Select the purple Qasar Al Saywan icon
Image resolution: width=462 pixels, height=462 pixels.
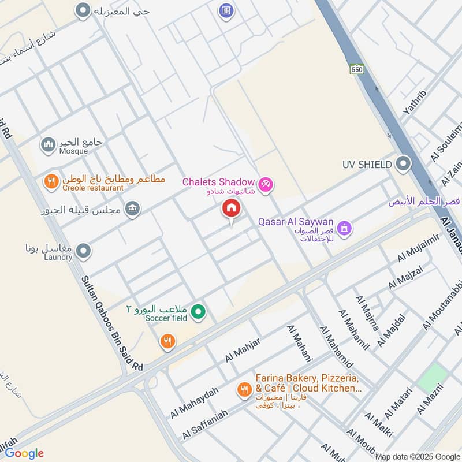(x=345, y=229)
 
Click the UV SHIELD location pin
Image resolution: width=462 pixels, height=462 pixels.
(x=403, y=164)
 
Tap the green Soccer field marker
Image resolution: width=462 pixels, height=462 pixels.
(x=199, y=312)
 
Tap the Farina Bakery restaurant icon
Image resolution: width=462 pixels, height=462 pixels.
(x=244, y=390)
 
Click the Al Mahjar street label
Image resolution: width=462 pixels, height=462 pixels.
(x=243, y=349)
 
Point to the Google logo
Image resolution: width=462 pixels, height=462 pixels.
(x=24, y=453)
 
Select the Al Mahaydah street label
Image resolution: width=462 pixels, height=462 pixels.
(x=195, y=403)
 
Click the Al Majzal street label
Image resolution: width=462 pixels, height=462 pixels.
(x=406, y=277)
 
